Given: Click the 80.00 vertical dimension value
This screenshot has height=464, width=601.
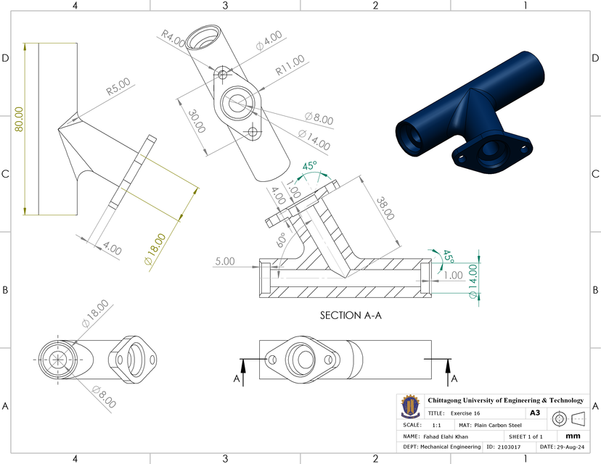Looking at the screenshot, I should tap(18, 120).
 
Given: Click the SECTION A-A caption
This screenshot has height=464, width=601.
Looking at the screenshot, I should tap(351, 316).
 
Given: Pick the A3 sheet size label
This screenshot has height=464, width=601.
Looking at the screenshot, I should tap(534, 413).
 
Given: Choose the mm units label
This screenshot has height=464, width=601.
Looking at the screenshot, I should tap(572, 436).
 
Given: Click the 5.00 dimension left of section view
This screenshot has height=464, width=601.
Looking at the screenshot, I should tap(226, 261).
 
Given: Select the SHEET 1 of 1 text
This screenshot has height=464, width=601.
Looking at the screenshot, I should tap(526, 437).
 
